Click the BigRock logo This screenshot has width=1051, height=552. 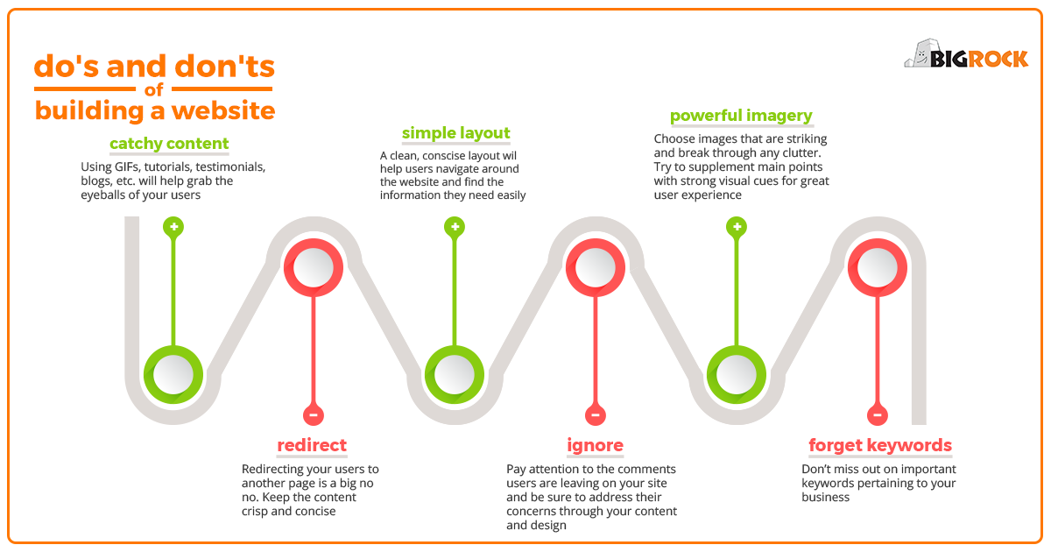pyautogui.click(x=966, y=54)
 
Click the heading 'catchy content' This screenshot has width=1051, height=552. pyautogui.click(x=169, y=144)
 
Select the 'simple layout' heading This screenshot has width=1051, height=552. pyautogui.click(x=455, y=133)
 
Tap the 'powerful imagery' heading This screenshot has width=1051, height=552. pyautogui.click(x=741, y=116)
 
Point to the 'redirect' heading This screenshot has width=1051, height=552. pyautogui.click(x=312, y=445)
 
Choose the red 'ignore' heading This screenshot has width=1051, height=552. pyautogui.click(x=595, y=445)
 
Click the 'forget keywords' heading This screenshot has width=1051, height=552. pyautogui.click(x=880, y=445)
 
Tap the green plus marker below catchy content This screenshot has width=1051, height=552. pyautogui.click(x=173, y=227)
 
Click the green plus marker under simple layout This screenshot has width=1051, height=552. pyautogui.click(x=455, y=227)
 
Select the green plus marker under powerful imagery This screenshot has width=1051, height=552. pyautogui.click(x=737, y=227)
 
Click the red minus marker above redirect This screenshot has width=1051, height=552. pyautogui.click(x=314, y=415)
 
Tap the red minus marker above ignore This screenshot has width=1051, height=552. pyautogui.click(x=596, y=415)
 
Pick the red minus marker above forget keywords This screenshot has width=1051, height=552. pyautogui.click(x=878, y=415)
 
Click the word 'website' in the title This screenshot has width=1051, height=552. pyautogui.click(x=223, y=110)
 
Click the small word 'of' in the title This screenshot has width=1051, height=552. pyautogui.click(x=154, y=89)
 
